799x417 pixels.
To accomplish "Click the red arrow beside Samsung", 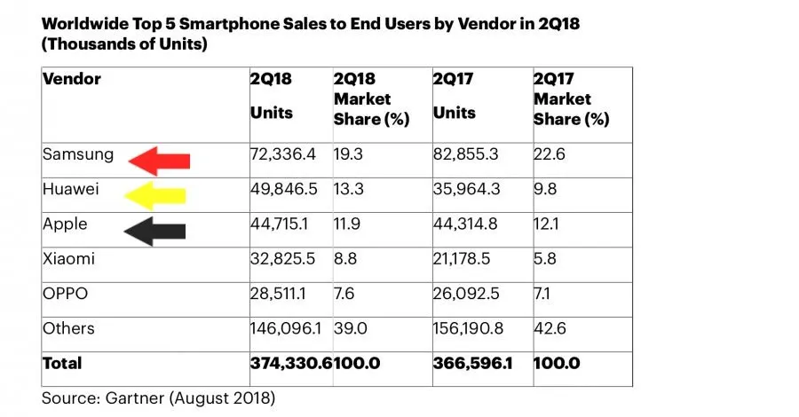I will coord(159,161).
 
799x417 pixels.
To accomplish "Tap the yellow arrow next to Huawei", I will coord(156,195).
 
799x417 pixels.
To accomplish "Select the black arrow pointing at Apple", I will coord(155,231).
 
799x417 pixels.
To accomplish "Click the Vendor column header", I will coord(72,80).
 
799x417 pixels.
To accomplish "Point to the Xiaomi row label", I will coord(67,259).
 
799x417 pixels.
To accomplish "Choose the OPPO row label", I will coord(64,294).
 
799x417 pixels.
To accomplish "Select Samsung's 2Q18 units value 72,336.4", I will coord(284,154).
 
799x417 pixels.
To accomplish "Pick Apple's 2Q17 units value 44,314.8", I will coord(467,224).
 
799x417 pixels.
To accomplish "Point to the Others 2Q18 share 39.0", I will coord(352,328).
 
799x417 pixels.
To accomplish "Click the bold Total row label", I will coord(62,363).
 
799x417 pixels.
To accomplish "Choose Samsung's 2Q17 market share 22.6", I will coord(549,154).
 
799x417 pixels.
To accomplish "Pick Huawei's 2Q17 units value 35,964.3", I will coord(469,189).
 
